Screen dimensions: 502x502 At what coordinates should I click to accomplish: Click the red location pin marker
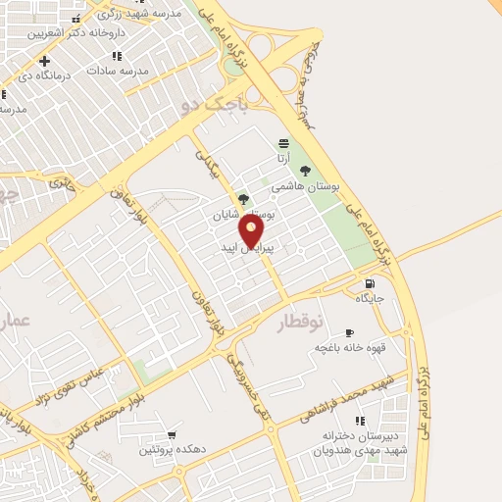pyautogui.click(x=252, y=231)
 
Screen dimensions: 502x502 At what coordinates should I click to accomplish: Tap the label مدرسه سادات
pyautogui.click(x=117, y=71)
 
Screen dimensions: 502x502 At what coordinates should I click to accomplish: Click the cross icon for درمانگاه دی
pyautogui.click(x=44, y=61)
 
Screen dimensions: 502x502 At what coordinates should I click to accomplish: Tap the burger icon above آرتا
pyautogui.click(x=283, y=142)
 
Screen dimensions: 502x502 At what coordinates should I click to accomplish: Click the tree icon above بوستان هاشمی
pyautogui.click(x=305, y=171)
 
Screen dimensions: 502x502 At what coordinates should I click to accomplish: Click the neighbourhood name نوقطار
pyautogui.click(x=298, y=323)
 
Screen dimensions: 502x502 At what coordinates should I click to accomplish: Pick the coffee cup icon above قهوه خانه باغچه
pyautogui.click(x=349, y=333)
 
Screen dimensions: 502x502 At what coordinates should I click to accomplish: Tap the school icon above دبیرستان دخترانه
pyautogui.click(x=359, y=421)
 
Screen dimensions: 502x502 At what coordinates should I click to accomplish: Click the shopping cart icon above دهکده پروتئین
pyautogui.click(x=172, y=434)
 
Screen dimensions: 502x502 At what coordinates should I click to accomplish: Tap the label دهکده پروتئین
pyautogui.click(x=172, y=449)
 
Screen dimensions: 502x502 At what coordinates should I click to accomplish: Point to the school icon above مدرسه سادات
pyautogui.click(x=117, y=56)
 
